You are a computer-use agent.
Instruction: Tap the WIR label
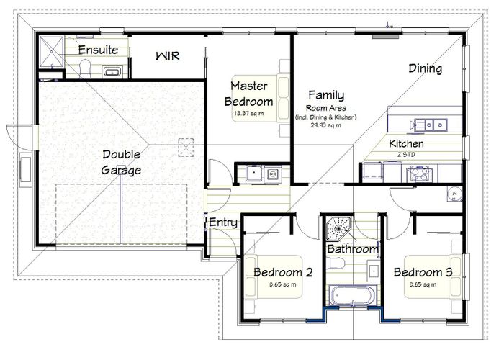pyautogui.click(x=168, y=55)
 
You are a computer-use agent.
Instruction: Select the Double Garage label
pyautogui.click(x=121, y=162)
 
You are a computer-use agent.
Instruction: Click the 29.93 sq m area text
pyautogui.click(x=325, y=125)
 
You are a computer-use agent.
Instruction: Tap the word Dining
pyautogui.click(x=425, y=68)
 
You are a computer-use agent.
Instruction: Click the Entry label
pyautogui.click(x=222, y=222)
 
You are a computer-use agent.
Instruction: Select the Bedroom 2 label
pyautogui.click(x=282, y=272)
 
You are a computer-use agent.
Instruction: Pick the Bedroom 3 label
pyautogui.click(x=422, y=272)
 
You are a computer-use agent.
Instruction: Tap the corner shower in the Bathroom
pyautogui.click(x=336, y=228)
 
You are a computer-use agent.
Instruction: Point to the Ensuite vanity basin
pyautogui.click(x=112, y=71)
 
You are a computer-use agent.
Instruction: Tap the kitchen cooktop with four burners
pyautogui.click(x=418, y=172)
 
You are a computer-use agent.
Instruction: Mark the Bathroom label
pyautogui.click(x=352, y=249)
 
